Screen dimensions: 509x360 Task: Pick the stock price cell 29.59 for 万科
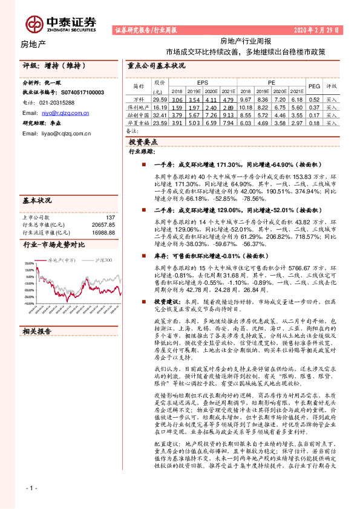pos(160,99)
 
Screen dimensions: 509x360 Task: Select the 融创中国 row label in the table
pos(139,114)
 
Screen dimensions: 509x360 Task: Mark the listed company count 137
pos(110,217)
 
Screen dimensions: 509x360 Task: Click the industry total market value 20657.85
pos(102,224)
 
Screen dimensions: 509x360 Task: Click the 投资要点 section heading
pos(143,141)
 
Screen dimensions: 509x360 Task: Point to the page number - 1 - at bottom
pos(31,487)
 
